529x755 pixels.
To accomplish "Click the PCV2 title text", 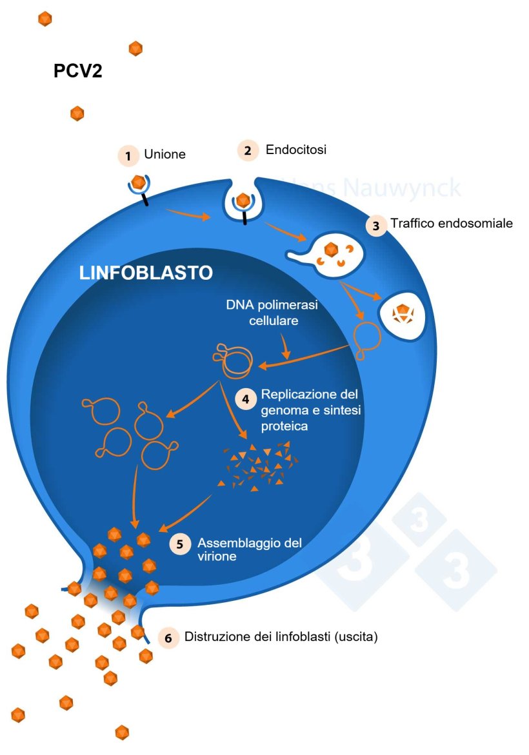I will pos(77,71).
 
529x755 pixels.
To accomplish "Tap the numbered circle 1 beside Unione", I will pos(128,155).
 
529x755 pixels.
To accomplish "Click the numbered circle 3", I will pos(376,226).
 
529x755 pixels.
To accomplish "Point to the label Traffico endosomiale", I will pos(451,224).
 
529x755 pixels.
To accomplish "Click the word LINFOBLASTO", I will pos(146,273).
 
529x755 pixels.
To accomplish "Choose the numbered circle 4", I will pos(245,399).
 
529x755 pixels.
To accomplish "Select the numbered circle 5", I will pos(180,543).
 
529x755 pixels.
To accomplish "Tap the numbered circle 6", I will pos(168,638).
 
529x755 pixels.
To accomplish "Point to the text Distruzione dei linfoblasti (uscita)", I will pos(281,637).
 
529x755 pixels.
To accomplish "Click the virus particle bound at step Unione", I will pos(137,182).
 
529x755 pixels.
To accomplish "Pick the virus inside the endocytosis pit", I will pos(243,201).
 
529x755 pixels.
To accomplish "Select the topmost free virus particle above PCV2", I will pos(45,19).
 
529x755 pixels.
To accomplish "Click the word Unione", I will pos(165,155).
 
